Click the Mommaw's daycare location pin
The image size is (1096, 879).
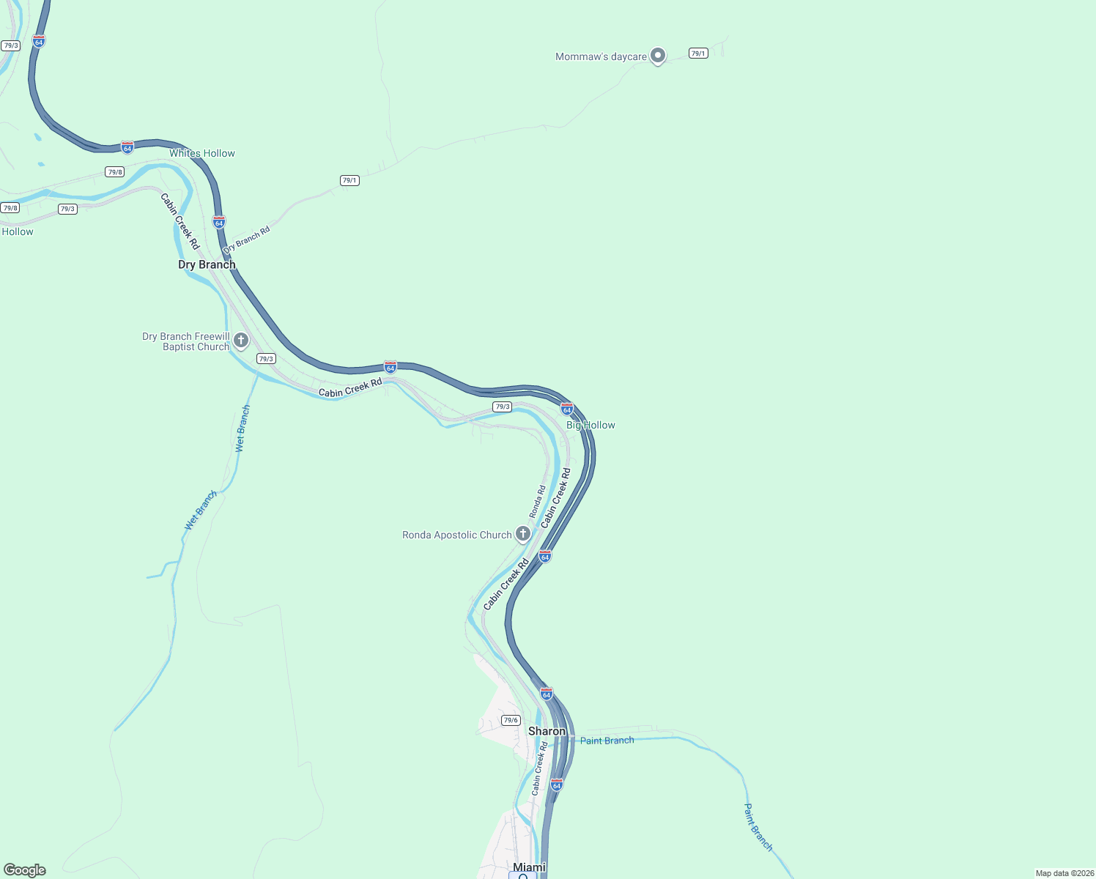point(658,55)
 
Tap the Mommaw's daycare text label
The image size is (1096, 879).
point(601,56)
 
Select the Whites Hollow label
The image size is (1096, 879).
point(202,153)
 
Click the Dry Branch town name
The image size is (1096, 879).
point(207,264)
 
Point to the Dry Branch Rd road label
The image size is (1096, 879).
point(247,240)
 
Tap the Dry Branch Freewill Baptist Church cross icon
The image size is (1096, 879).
point(241,341)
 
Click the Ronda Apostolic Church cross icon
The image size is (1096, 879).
point(523,533)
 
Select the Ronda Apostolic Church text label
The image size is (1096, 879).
point(456,535)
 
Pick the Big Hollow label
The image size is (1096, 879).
point(590,425)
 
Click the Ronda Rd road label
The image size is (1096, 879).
point(538,502)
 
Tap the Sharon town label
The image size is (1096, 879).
point(547,731)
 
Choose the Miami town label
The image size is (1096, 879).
point(529,867)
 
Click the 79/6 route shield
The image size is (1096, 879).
point(511,720)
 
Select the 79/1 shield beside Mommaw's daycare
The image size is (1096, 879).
point(698,53)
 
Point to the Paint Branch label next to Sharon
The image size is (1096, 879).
point(607,741)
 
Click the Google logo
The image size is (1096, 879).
point(25,870)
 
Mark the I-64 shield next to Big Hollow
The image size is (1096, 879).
point(567,409)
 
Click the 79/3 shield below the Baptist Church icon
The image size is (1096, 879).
point(266,359)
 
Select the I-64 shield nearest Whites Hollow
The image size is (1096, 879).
point(127,147)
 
